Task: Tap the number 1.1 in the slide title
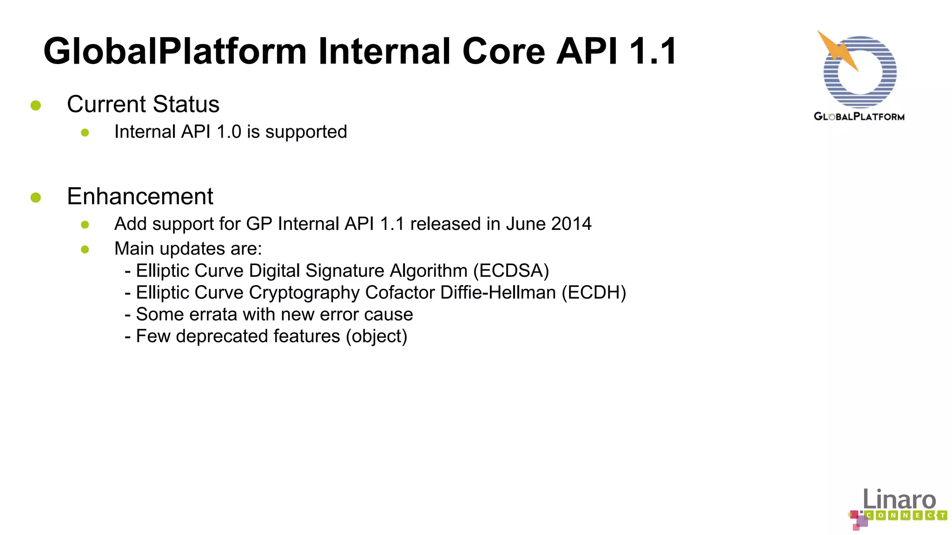pyautogui.click(x=653, y=51)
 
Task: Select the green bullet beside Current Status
pyautogui.click(x=36, y=105)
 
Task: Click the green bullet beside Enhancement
pyautogui.click(x=36, y=198)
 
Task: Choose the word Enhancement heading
pyautogui.click(x=140, y=196)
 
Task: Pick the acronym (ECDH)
pyautogui.click(x=594, y=293)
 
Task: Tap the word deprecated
pyautogui.click(x=258, y=336)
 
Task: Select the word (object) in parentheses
pyautogui.click(x=377, y=336)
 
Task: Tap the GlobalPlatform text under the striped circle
pyautogui.click(x=859, y=117)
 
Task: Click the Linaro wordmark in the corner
pyautogui.click(x=899, y=500)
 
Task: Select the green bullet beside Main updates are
pyautogui.click(x=85, y=249)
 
